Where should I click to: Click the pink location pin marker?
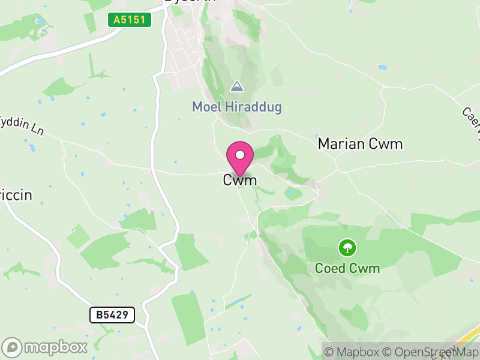click(x=240, y=158)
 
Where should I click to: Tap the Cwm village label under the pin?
click(x=240, y=180)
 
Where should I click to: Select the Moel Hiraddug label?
click(x=236, y=107)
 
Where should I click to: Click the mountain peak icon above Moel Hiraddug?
click(x=237, y=86)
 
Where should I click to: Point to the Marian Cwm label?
click(x=360, y=144)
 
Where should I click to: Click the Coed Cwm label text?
click(x=347, y=268)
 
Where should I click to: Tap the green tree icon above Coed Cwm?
click(x=347, y=247)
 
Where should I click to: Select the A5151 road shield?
click(x=130, y=20)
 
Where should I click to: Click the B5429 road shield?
click(x=112, y=314)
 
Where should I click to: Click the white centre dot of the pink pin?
click(x=240, y=155)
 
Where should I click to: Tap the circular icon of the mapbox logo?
click(x=13, y=347)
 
